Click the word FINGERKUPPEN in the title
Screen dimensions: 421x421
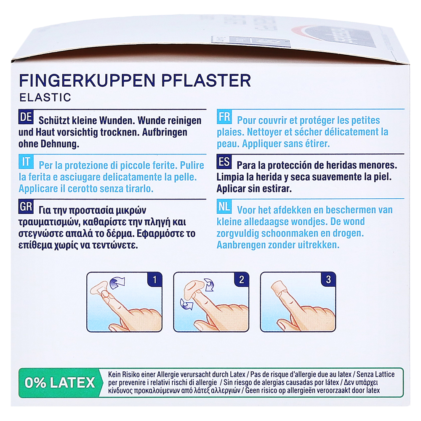coord(87,80)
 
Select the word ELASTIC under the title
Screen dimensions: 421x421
coord(45,97)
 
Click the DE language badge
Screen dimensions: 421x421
coord(26,117)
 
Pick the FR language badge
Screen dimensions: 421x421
coord(224,117)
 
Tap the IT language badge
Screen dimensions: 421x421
coord(26,162)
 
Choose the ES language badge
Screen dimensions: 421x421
coord(224,162)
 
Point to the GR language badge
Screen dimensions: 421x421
coord(26,207)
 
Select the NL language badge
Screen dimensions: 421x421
coord(224,206)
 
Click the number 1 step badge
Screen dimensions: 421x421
coord(155,280)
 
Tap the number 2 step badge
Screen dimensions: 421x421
coord(241,280)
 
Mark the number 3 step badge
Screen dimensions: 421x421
coord(328,280)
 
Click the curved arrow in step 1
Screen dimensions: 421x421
coord(117,283)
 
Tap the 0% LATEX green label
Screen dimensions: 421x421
coord(60,383)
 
